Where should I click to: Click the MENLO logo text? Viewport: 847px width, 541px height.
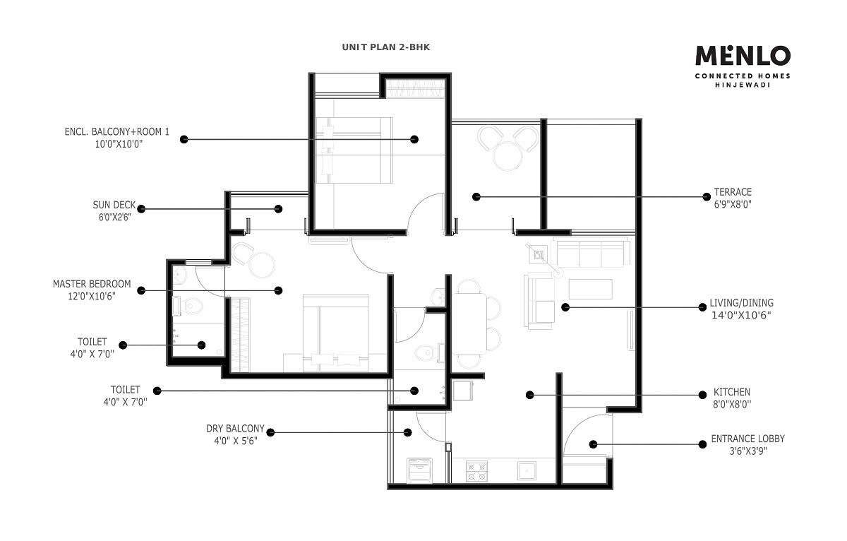pos(743,55)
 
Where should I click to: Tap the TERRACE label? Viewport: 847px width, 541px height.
pos(733,192)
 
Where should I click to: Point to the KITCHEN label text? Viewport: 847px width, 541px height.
pos(732,392)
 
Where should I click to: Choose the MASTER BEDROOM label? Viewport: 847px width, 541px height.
pos(92,284)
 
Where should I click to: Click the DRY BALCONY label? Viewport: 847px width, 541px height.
pos(235,428)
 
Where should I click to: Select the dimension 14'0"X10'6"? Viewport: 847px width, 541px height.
pos(742,316)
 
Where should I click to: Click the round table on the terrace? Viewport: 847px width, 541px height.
pos(507,156)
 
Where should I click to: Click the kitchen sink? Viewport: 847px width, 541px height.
pos(525,471)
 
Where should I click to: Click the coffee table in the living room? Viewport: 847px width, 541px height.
pos(591,289)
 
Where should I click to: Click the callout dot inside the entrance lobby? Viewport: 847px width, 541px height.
pos(593,444)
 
